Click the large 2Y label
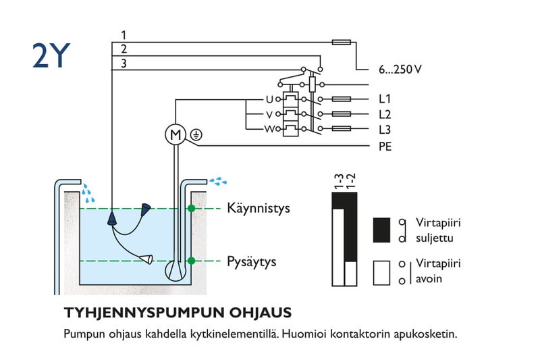(x=51, y=56)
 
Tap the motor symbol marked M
(x=175, y=134)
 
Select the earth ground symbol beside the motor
(x=195, y=134)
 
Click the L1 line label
(x=385, y=99)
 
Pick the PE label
(x=385, y=146)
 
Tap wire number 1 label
(x=123, y=34)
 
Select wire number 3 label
(x=123, y=63)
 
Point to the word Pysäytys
(x=251, y=261)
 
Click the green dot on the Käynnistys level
(x=191, y=209)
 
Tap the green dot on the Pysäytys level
(x=191, y=261)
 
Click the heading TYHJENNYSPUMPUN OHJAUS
(x=178, y=313)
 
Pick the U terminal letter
(x=269, y=99)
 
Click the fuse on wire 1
(x=342, y=42)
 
